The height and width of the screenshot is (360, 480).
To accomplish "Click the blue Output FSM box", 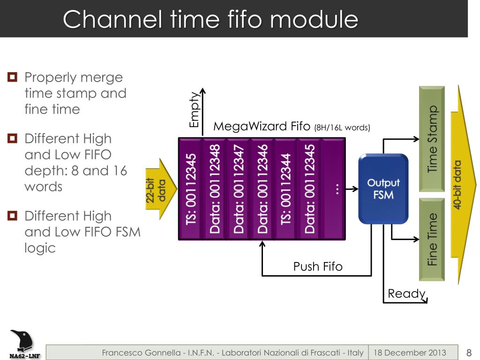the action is (x=383, y=189).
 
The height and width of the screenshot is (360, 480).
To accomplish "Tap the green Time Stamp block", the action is (x=432, y=139).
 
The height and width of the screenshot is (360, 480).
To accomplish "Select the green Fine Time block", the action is (x=432, y=240).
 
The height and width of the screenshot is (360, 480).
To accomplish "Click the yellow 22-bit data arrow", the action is (x=161, y=189).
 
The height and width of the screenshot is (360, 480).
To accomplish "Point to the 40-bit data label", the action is (x=457, y=185).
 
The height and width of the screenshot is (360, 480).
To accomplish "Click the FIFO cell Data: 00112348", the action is (x=215, y=189).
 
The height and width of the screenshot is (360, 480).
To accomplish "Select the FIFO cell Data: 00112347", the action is (x=239, y=189).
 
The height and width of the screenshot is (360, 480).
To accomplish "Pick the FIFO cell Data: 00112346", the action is (x=262, y=189).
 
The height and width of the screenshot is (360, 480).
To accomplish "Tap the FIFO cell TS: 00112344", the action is (x=286, y=189).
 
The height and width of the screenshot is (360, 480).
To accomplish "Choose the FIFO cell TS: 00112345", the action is (x=191, y=189).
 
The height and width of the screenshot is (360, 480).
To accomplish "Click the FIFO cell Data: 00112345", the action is (x=309, y=189).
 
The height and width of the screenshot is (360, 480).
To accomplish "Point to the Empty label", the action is (x=195, y=110).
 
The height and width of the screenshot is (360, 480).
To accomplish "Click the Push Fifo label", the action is (x=318, y=266).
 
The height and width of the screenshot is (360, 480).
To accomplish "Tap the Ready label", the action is (x=406, y=294).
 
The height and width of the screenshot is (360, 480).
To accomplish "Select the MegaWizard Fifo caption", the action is (x=292, y=126).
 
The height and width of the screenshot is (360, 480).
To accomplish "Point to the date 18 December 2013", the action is (x=410, y=352).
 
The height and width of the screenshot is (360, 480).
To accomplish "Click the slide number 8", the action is (x=469, y=352).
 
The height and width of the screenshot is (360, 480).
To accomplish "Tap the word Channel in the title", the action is (x=112, y=19).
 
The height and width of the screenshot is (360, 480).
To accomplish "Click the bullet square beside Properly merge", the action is (x=12, y=77).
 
